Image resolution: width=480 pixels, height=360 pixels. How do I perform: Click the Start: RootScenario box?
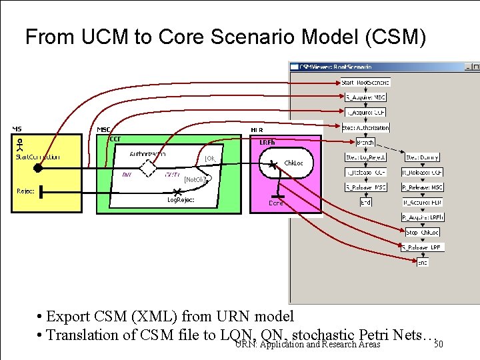(365, 82)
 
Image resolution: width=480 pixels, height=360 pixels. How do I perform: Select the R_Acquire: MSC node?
(365, 97)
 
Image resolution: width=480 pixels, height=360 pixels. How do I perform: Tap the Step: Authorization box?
(365, 127)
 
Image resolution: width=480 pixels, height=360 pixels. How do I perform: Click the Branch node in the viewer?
(365, 143)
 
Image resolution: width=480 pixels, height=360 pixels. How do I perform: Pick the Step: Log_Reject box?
(365, 157)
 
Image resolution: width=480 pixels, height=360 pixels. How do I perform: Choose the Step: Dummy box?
(423, 157)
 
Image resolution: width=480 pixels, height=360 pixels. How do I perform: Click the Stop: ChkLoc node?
(423, 232)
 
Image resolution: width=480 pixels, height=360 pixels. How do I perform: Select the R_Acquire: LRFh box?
(423, 217)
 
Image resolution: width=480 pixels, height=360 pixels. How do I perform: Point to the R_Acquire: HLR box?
(423, 202)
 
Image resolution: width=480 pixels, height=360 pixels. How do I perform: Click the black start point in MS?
(38, 168)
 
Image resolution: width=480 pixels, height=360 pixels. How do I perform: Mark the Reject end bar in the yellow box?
(41, 193)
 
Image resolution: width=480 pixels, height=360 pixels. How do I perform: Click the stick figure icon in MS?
(20, 144)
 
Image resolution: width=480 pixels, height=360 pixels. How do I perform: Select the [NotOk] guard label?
(195, 179)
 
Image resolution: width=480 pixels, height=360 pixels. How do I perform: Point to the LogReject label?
(180, 200)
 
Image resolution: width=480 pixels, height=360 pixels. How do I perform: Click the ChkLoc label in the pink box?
(294, 163)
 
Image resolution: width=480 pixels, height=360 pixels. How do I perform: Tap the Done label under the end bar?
(275, 203)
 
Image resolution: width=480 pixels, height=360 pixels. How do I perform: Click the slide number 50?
(438, 345)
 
